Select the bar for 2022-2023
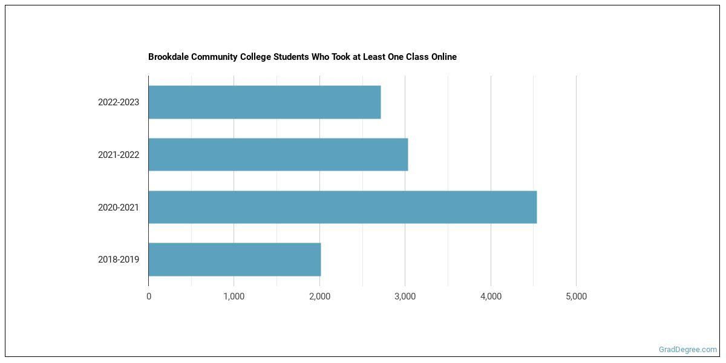[x=264, y=102]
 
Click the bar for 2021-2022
[x=278, y=154]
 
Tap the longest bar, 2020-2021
[x=342, y=207]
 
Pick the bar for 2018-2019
[x=234, y=260]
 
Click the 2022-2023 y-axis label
[x=119, y=102]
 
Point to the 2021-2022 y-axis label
[x=119, y=155]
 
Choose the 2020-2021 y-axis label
[x=119, y=208]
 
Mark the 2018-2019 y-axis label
[x=119, y=260]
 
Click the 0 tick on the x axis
[x=149, y=296]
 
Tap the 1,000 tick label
[x=234, y=296]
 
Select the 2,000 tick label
[x=319, y=296]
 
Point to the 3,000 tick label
[x=405, y=296]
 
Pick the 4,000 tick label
[x=491, y=296]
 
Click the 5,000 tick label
[x=576, y=296]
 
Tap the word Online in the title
[x=443, y=57]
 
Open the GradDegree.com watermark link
[x=688, y=350]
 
